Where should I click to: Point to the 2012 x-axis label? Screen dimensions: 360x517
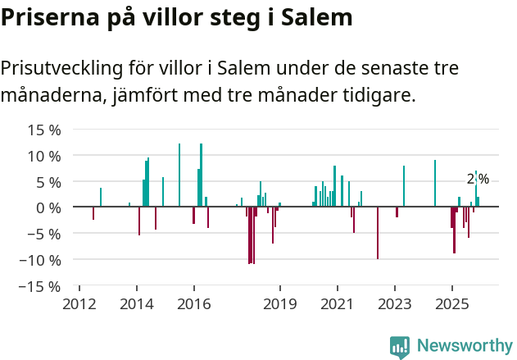pyautogui.click(x=79, y=304)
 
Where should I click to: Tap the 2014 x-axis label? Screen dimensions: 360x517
pyautogui.click(x=137, y=304)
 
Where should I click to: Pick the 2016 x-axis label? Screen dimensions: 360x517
pyautogui.click(x=193, y=304)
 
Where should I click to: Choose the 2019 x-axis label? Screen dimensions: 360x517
pyautogui.click(x=280, y=304)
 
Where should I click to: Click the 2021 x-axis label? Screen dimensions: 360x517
pyautogui.click(x=338, y=304)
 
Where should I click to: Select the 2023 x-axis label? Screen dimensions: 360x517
pyautogui.click(x=395, y=304)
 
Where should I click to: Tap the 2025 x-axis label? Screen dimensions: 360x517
pyautogui.click(x=452, y=304)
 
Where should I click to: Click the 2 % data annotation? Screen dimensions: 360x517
pyautogui.click(x=478, y=179)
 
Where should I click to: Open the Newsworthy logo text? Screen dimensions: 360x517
pyautogui.click(x=465, y=346)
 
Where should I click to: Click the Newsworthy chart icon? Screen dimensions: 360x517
pyautogui.click(x=400, y=347)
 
